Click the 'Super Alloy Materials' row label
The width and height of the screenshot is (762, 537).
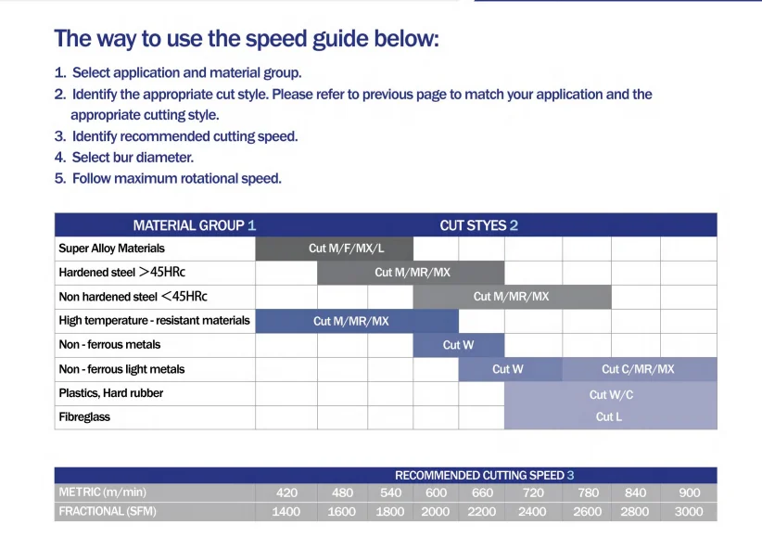click(x=112, y=248)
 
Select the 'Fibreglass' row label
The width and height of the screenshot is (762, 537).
click(x=84, y=416)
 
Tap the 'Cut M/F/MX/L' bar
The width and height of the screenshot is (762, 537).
click(x=335, y=249)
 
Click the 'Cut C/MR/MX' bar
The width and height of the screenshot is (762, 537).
click(x=640, y=369)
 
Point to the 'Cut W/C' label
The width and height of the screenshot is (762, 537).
click(x=611, y=394)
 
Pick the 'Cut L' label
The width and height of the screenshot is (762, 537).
click(x=608, y=416)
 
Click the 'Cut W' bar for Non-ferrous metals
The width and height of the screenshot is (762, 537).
click(x=459, y=345)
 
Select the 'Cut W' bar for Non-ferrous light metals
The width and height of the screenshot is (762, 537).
click(x=510, y=369)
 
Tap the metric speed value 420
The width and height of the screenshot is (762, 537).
click(x=286, y=492)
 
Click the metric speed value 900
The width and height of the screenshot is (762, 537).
click(x=689, y=492)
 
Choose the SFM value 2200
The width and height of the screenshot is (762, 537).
click(x=482, y=512)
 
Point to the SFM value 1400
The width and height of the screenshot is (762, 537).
click(x=286, y=512)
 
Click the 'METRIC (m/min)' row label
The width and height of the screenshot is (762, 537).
click(x=103, y=492)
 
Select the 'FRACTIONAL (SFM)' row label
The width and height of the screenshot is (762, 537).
click(x=108, y=511)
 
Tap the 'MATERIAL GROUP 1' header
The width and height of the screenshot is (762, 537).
click(x=195, y=225)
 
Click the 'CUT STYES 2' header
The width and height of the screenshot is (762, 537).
click(x=478, y=225)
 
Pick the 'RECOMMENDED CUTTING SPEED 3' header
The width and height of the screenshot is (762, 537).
click(x=485, y=475)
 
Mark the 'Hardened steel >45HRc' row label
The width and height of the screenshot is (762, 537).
click(x=122, y=272)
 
